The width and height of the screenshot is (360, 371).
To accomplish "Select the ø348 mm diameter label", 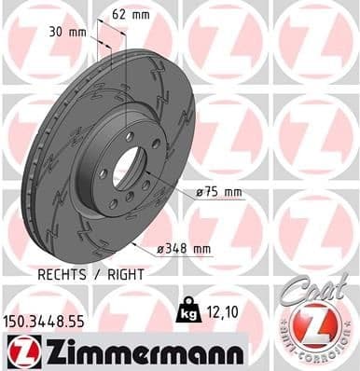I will click(184, 249).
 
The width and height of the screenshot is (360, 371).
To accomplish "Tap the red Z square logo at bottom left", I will click(19, 352).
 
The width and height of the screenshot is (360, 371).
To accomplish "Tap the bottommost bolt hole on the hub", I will click(114, 204).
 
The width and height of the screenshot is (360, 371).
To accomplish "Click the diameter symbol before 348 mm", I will click(161, 249).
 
